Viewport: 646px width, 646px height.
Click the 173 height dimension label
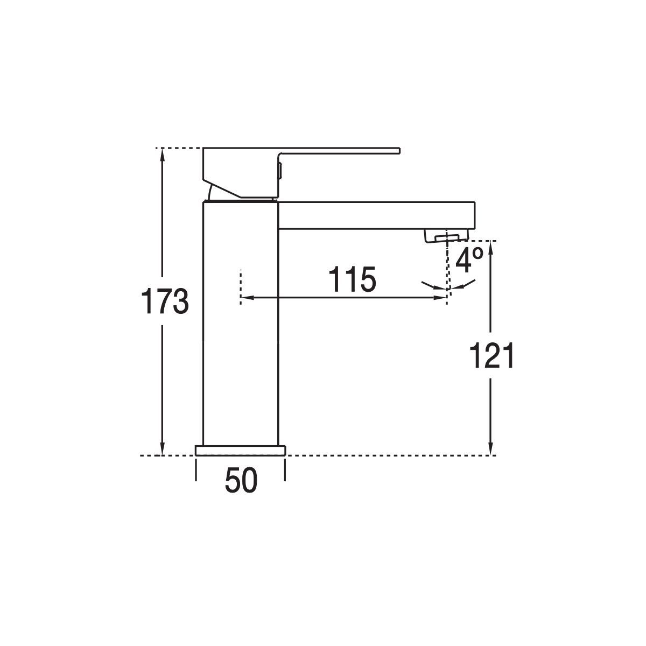pos(165,301)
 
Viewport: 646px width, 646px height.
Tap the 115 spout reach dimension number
pos(352,280)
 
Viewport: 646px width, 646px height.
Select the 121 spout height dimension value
pos(491,356)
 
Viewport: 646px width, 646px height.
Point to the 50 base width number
pos(241,480)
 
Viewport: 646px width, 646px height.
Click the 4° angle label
pos(469,261)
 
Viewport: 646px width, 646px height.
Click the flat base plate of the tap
pos(240,451)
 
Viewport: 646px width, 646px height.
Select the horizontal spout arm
pos(376,215)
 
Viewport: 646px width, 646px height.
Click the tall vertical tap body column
pos(241,323)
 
